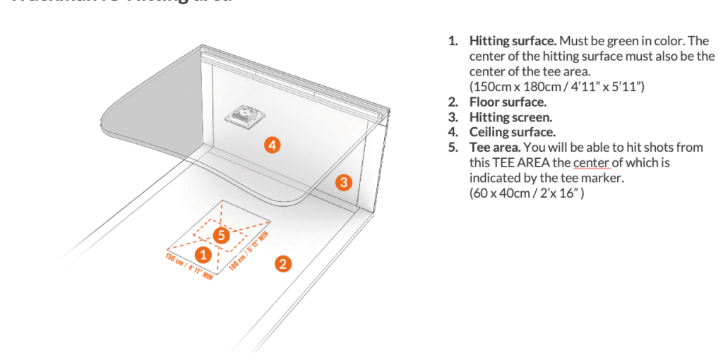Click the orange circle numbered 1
point(203,254)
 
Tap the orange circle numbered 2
point(282,265)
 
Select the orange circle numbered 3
point(342,182)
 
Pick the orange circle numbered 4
point(273,145)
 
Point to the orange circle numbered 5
point(222,236)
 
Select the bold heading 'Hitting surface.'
point(513,41)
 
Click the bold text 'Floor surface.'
point(507,102)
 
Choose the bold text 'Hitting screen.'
point(510,117)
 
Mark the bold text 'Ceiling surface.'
point(512,132)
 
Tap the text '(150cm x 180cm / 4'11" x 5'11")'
point(557,87)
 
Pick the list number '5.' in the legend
point(453,148)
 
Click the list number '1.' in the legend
point(453,41)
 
